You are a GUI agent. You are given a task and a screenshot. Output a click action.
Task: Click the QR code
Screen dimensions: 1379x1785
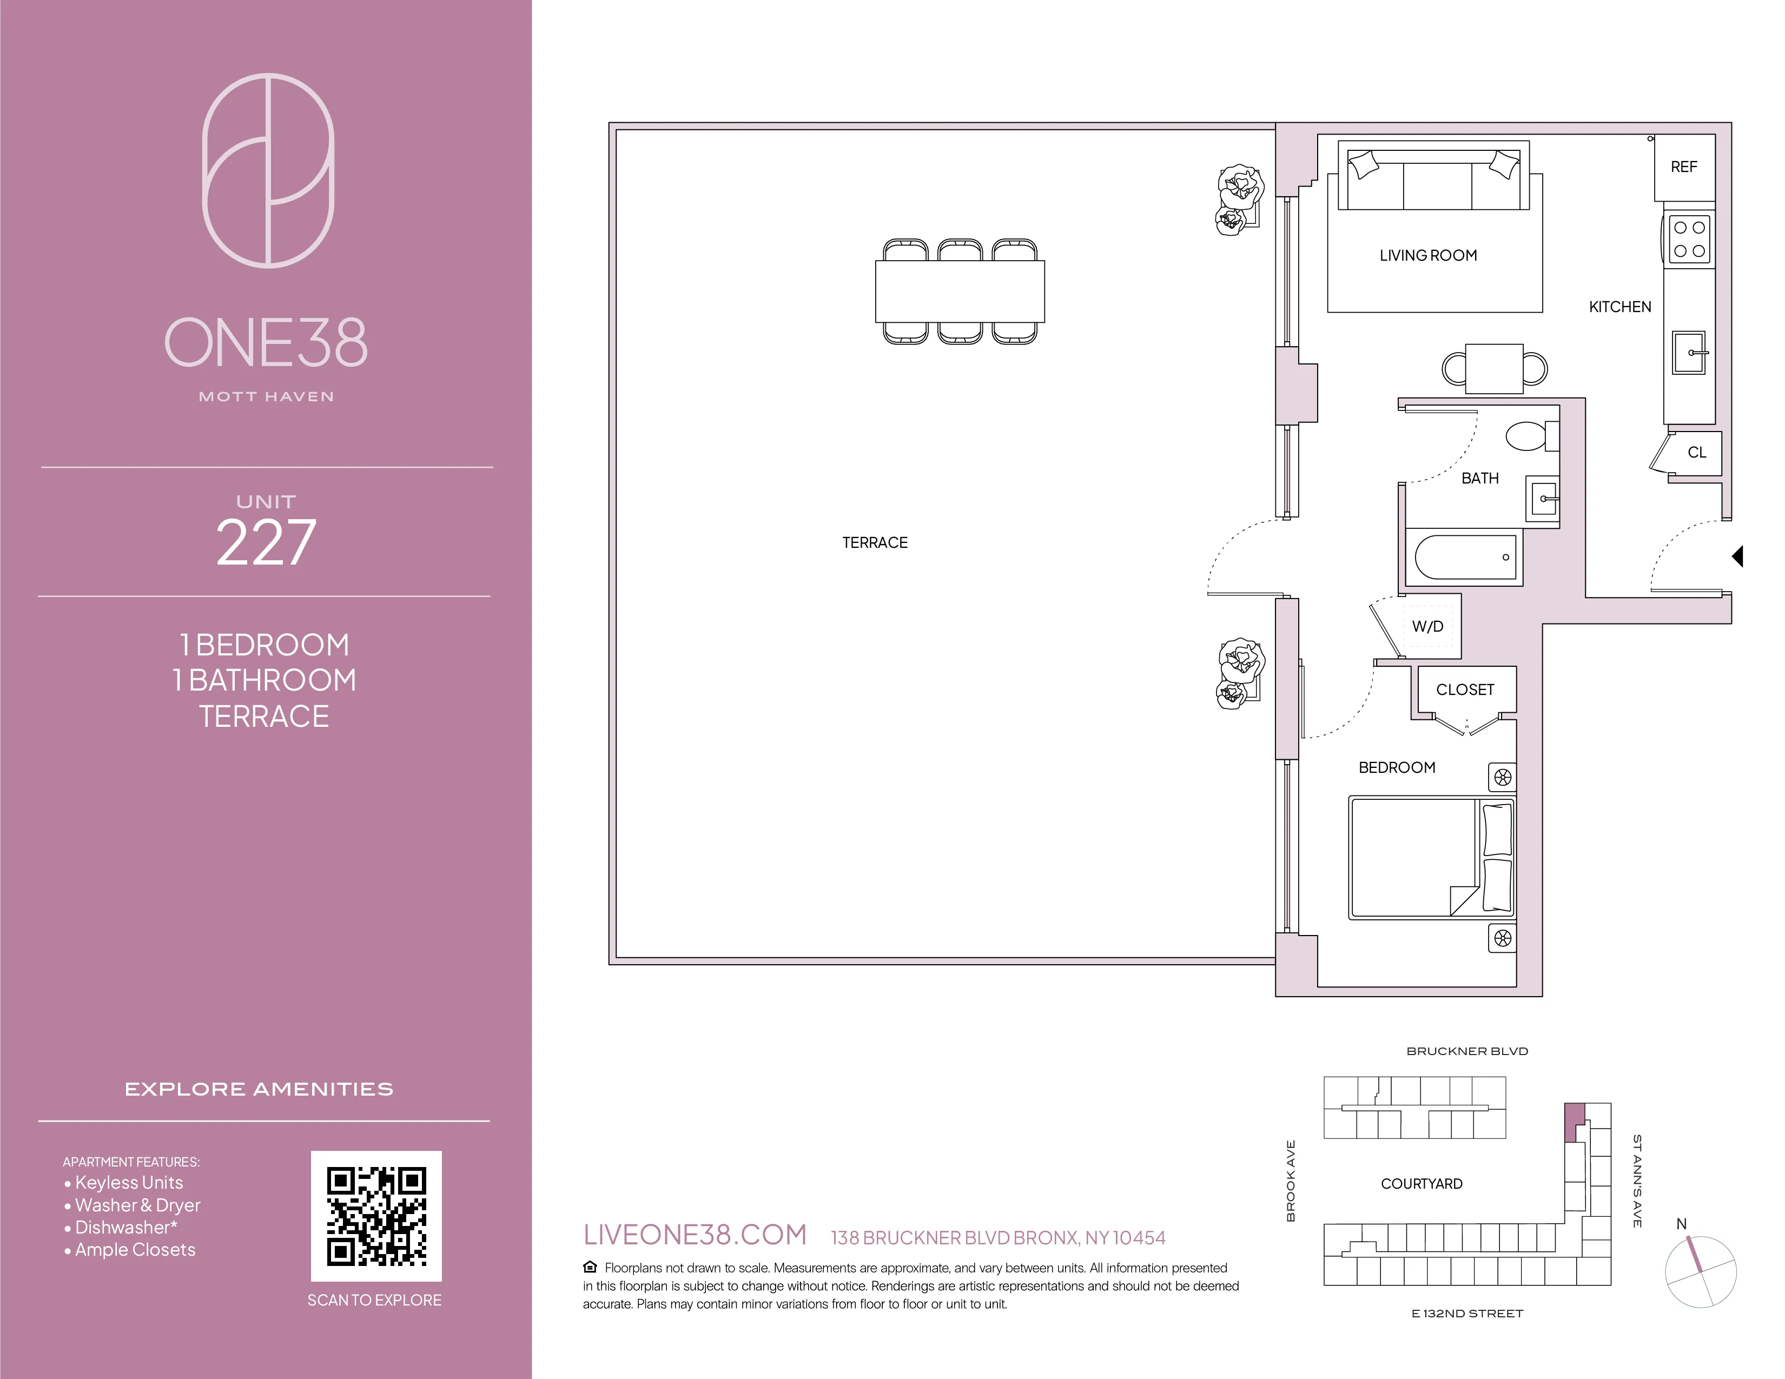coord(376,1216)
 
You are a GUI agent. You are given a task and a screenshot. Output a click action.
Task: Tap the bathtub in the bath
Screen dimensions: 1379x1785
coord(1465,557)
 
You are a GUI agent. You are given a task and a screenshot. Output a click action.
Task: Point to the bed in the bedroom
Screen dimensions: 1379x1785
coord(1430,858)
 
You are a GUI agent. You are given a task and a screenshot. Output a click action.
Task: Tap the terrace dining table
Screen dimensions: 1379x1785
coord(960,291)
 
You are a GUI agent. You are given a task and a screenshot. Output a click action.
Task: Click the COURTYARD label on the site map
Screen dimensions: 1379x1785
coord(1422,1184)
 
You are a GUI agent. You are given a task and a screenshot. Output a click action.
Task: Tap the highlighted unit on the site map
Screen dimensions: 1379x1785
coord(1574,1121)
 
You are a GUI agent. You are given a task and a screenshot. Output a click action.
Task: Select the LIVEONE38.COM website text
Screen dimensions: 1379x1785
coord(695,1235)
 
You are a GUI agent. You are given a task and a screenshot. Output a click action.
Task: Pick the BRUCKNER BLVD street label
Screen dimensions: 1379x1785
coord(1466,1051)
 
